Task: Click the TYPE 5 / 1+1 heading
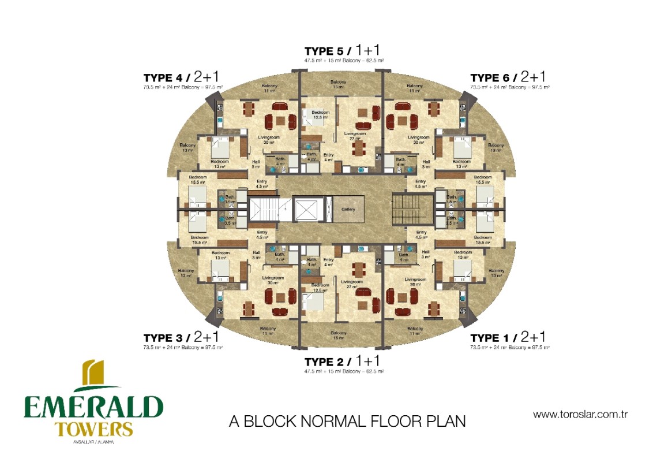point(344,51)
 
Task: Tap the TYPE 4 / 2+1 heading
point(181,77)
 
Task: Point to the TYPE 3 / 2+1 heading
point(181,337)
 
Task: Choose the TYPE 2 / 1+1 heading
point(344,362)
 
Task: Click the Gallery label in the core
point(348,209)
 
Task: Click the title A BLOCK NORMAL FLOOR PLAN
point(347,421)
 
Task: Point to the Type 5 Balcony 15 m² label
point(339,84)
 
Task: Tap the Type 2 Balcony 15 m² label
point(339,336)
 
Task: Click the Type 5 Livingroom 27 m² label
point(355,136)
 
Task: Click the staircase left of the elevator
point(263,210)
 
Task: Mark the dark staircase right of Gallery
point(411,210)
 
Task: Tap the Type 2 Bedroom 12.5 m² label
point(320,288)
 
